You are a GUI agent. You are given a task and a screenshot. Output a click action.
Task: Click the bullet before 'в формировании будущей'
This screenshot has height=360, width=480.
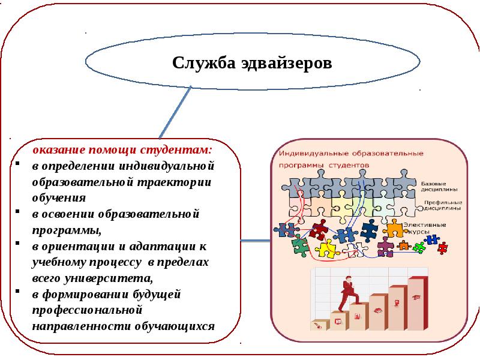click(19, 295)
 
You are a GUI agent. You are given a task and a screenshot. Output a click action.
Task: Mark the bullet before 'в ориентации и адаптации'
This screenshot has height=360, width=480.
click(19, 246)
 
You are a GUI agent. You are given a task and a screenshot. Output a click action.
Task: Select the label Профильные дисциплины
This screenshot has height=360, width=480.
click(440, 206)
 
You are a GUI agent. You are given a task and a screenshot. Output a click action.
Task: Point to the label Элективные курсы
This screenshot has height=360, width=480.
click(424, 227)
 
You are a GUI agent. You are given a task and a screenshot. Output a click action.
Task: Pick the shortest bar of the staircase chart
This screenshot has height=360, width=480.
click(319, 325)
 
